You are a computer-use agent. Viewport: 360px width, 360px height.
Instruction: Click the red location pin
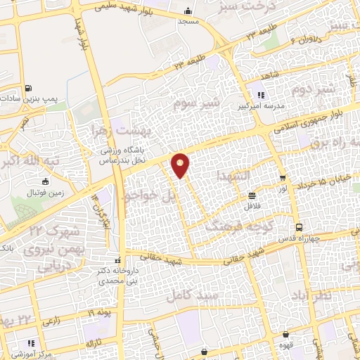click(181, 165)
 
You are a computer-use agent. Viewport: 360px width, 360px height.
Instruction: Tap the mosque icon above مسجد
click(188, 12)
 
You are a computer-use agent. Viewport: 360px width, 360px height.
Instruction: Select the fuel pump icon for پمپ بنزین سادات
click(27, 89)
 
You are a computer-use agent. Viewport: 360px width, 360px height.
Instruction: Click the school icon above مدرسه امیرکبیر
click(261, 95)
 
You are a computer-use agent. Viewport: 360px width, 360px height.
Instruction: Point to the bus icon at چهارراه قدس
click(300, 227)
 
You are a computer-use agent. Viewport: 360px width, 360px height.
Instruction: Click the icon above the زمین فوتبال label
click(46, 182)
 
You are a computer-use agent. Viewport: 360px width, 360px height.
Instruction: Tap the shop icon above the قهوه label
click(286, 335)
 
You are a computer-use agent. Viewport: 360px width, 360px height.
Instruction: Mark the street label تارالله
click(94, 342)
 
